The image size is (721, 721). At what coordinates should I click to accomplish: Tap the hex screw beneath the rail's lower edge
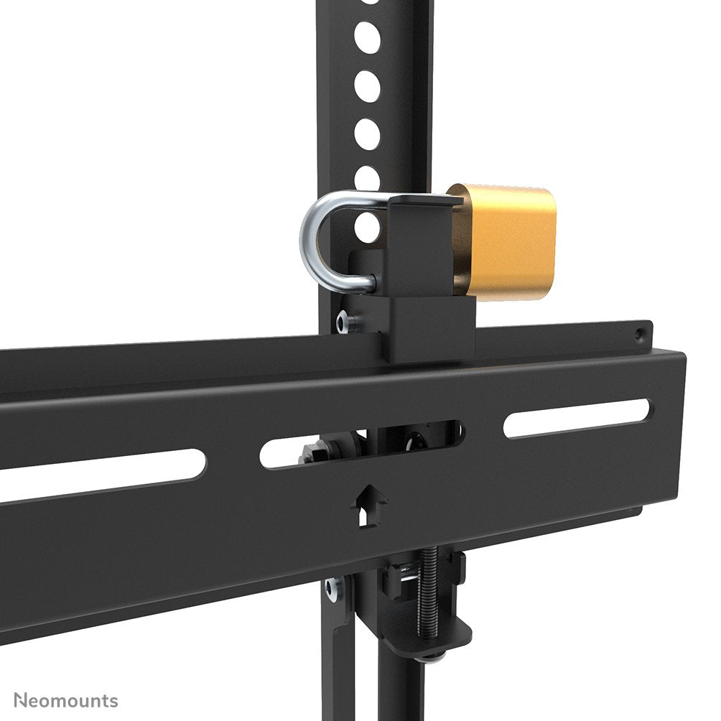[x=333, y=589]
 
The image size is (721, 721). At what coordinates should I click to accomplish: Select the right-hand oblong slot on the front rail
[x=576, y=418]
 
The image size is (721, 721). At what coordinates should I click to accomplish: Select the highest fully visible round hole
[x=367, y=37]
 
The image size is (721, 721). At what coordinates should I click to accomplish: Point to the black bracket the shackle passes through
[x=420, y=244]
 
